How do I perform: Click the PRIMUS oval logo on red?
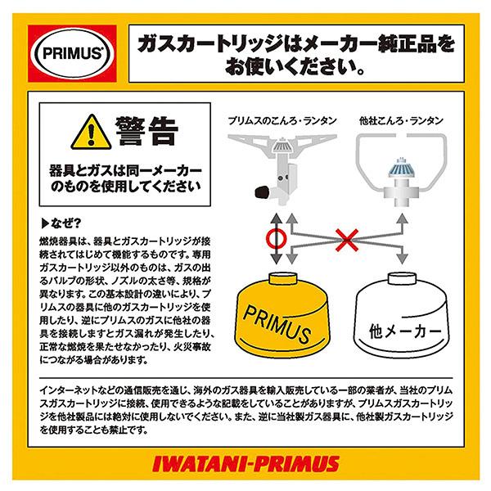(72, 53)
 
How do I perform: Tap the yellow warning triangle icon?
(91, 133)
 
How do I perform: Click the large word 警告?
(147, 132)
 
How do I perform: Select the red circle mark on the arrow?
(277, 239)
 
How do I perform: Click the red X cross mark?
(347, 240)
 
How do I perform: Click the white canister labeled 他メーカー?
(402, 315)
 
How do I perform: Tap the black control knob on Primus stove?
(263, 191)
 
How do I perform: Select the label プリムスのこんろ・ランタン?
(282, 121)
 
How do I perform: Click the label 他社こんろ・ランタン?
(401, 121)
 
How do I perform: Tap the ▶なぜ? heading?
(61, 223)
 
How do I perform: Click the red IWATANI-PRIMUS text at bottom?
(245, 464)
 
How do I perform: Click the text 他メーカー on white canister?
(405, 331)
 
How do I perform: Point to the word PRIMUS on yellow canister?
(277, 324)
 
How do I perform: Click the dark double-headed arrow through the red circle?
(277, 239)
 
